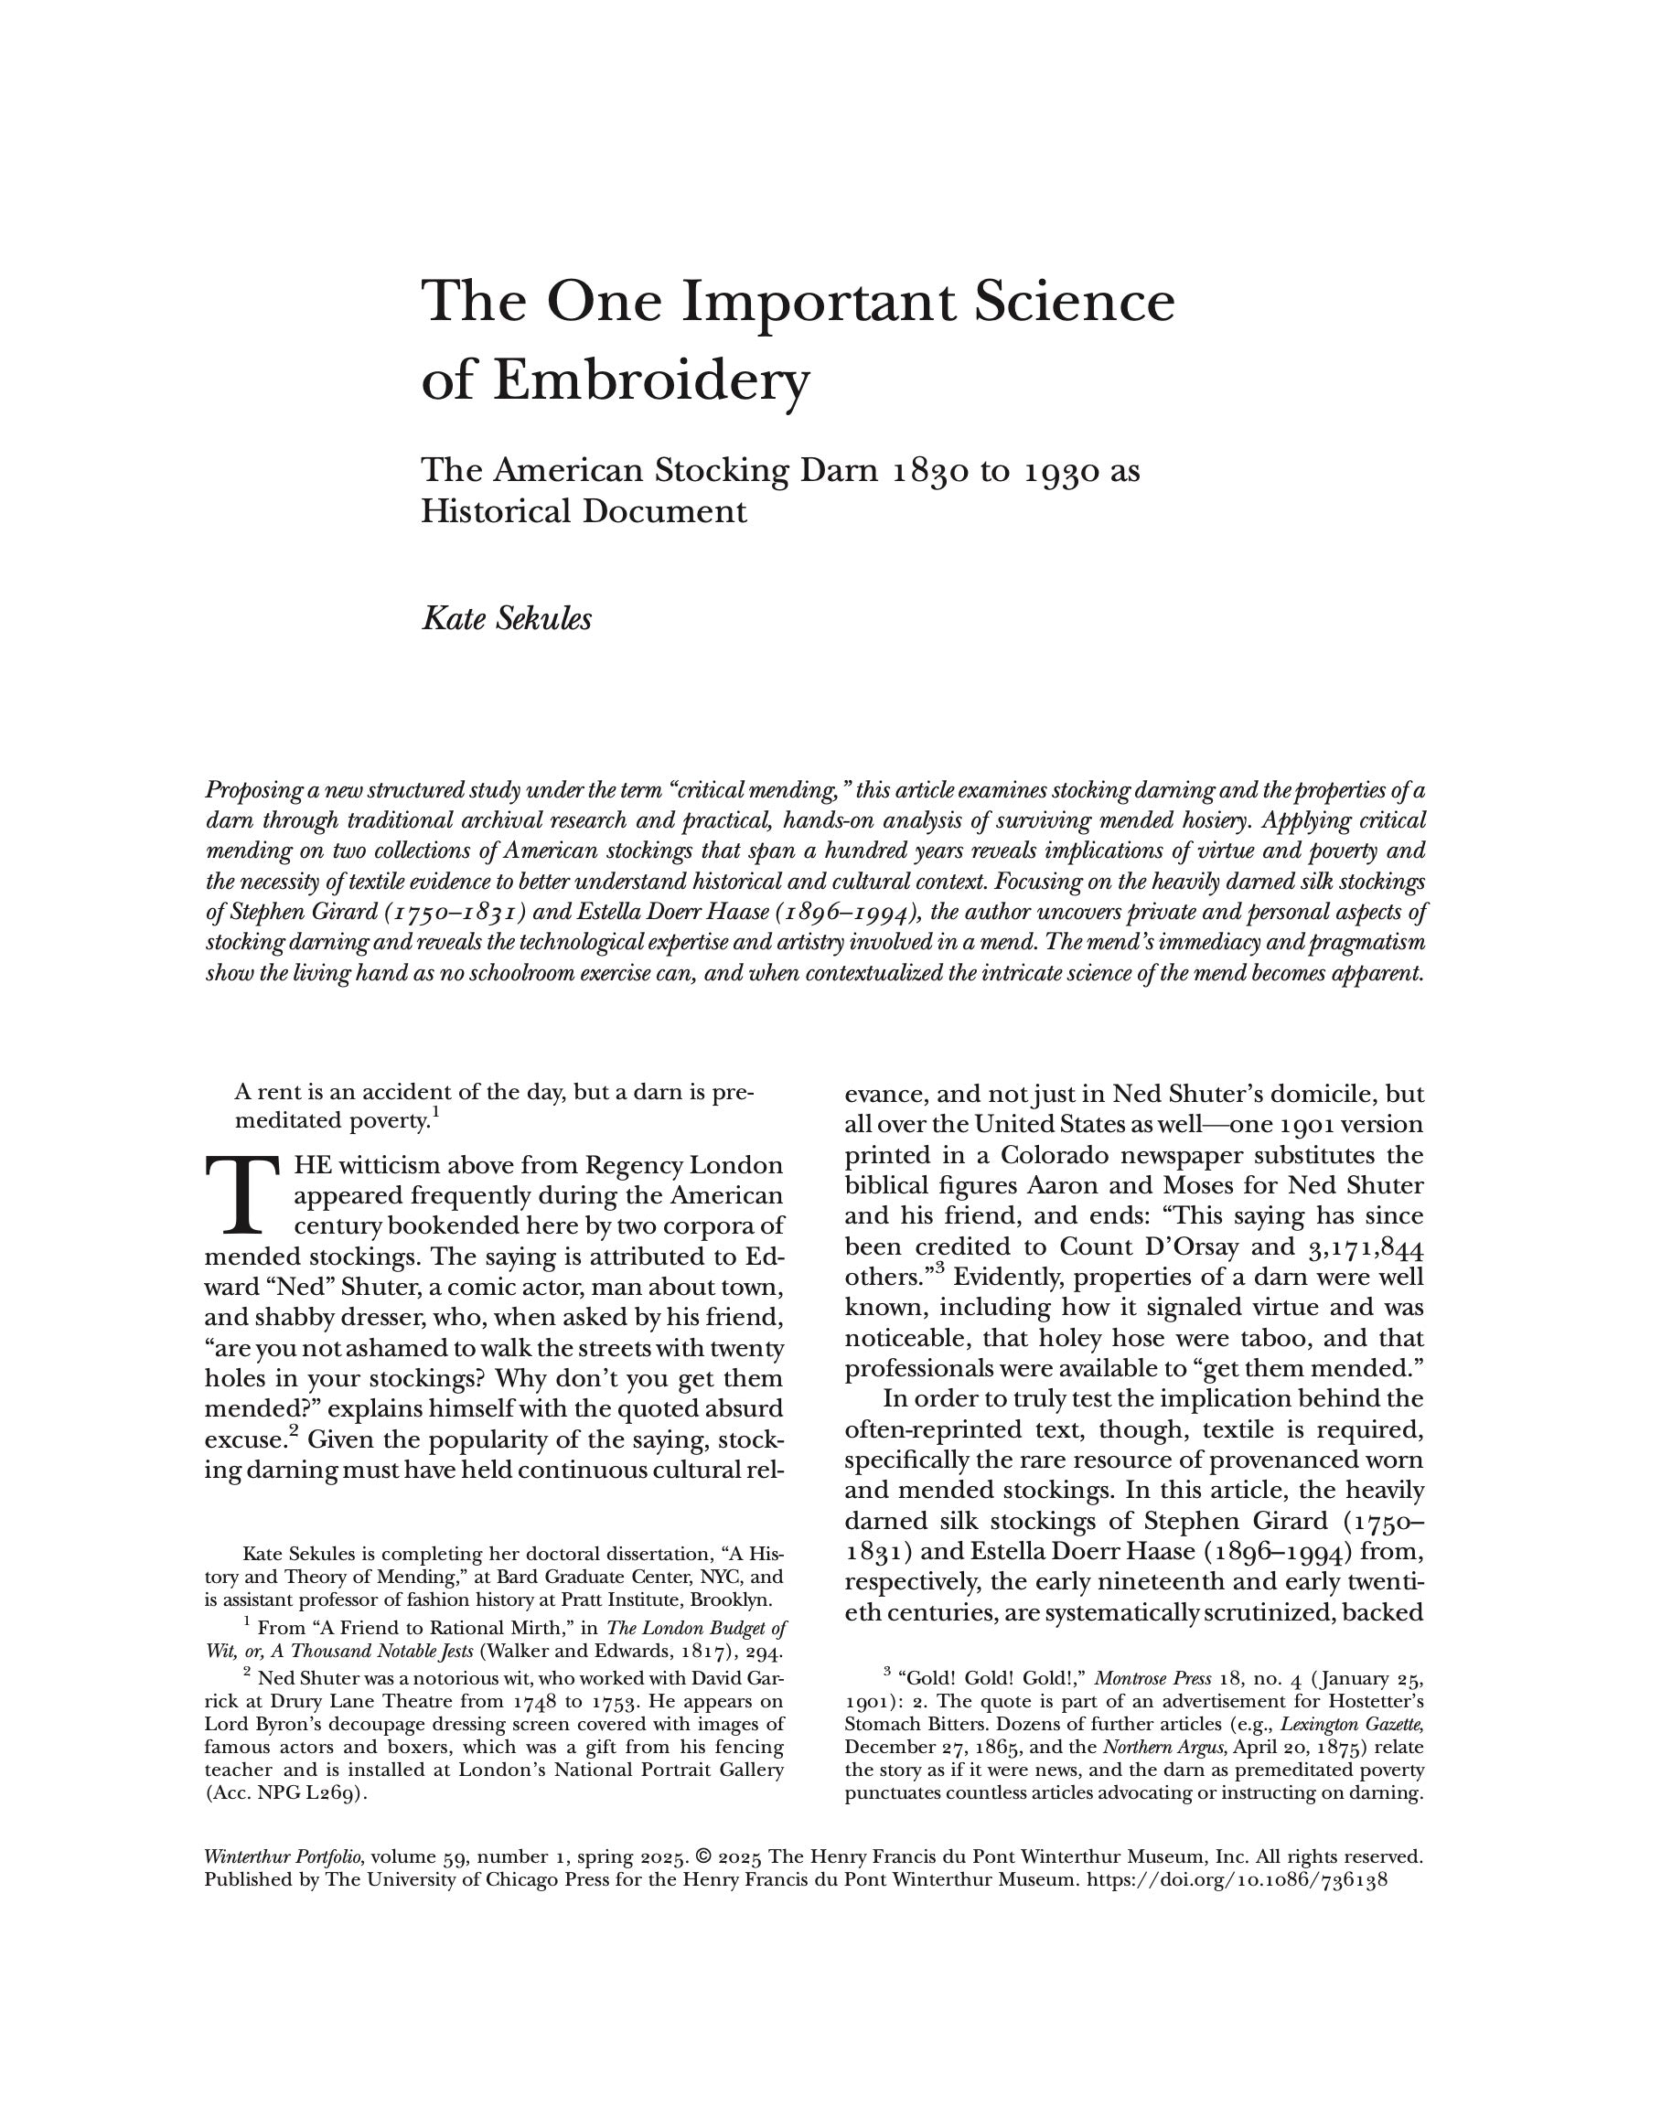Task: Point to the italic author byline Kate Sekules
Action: coord(506,618)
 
